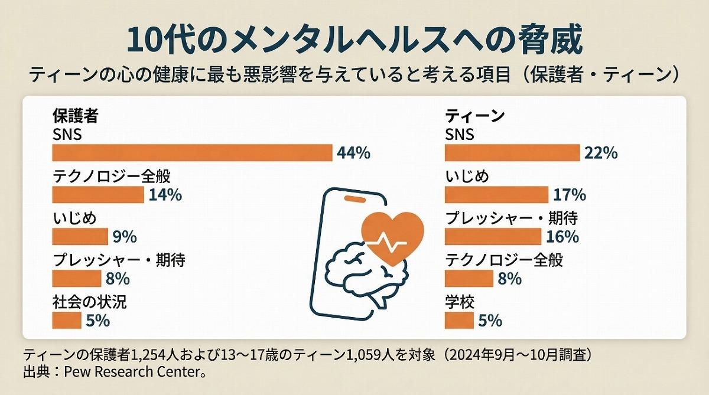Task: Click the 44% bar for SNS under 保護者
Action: coord(192,153)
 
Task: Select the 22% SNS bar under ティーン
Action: coord(512,153)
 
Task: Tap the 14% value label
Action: coord(165,195)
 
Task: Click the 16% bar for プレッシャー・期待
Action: coord(493,236)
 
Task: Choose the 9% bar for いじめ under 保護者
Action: coord(80,237)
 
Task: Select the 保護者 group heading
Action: coord(75,116)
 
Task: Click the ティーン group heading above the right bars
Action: coord(474,116)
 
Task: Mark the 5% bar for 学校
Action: coord(459,321)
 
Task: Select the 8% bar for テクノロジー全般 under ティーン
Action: coord(469,278)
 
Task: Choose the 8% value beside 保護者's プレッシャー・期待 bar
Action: coord(118,279)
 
